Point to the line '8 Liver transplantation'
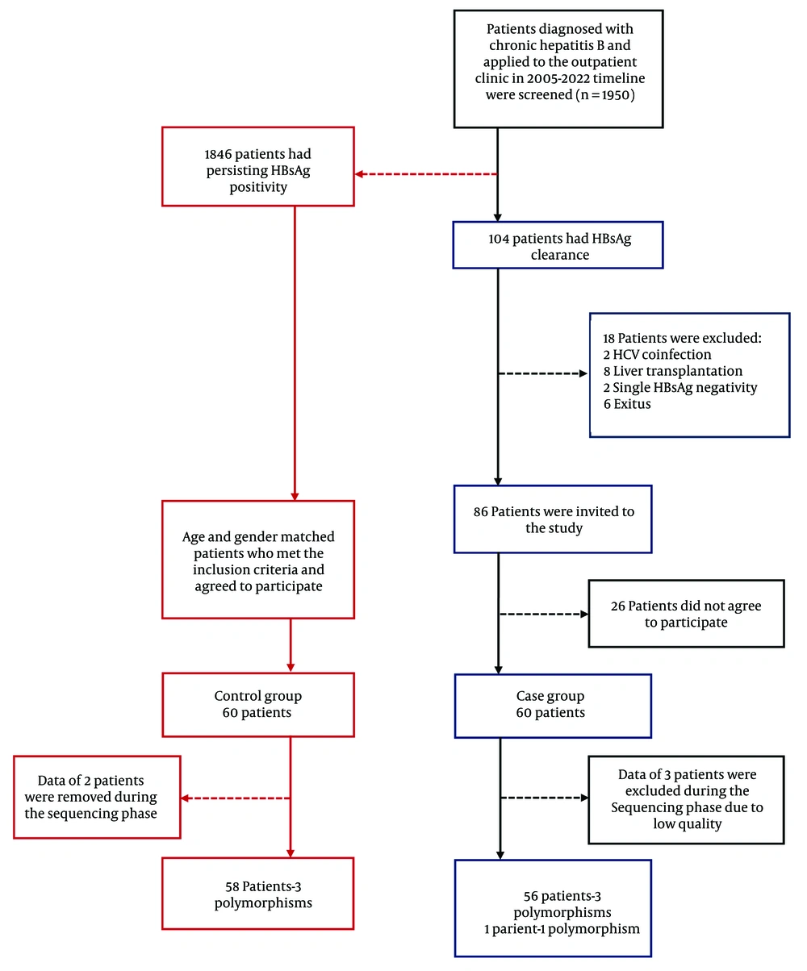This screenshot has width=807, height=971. pos(672,371)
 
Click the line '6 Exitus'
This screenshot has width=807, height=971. pos(627,404)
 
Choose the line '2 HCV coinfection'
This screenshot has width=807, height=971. pos(657,354)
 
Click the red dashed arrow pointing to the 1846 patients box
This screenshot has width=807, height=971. pos(426,174)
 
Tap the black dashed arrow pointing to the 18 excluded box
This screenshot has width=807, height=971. pos(543,373)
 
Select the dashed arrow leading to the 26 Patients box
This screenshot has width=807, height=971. pos(544,614)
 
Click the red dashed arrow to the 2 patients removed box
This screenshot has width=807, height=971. pos(236,798)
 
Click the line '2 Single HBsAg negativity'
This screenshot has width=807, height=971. pos(680,387)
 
